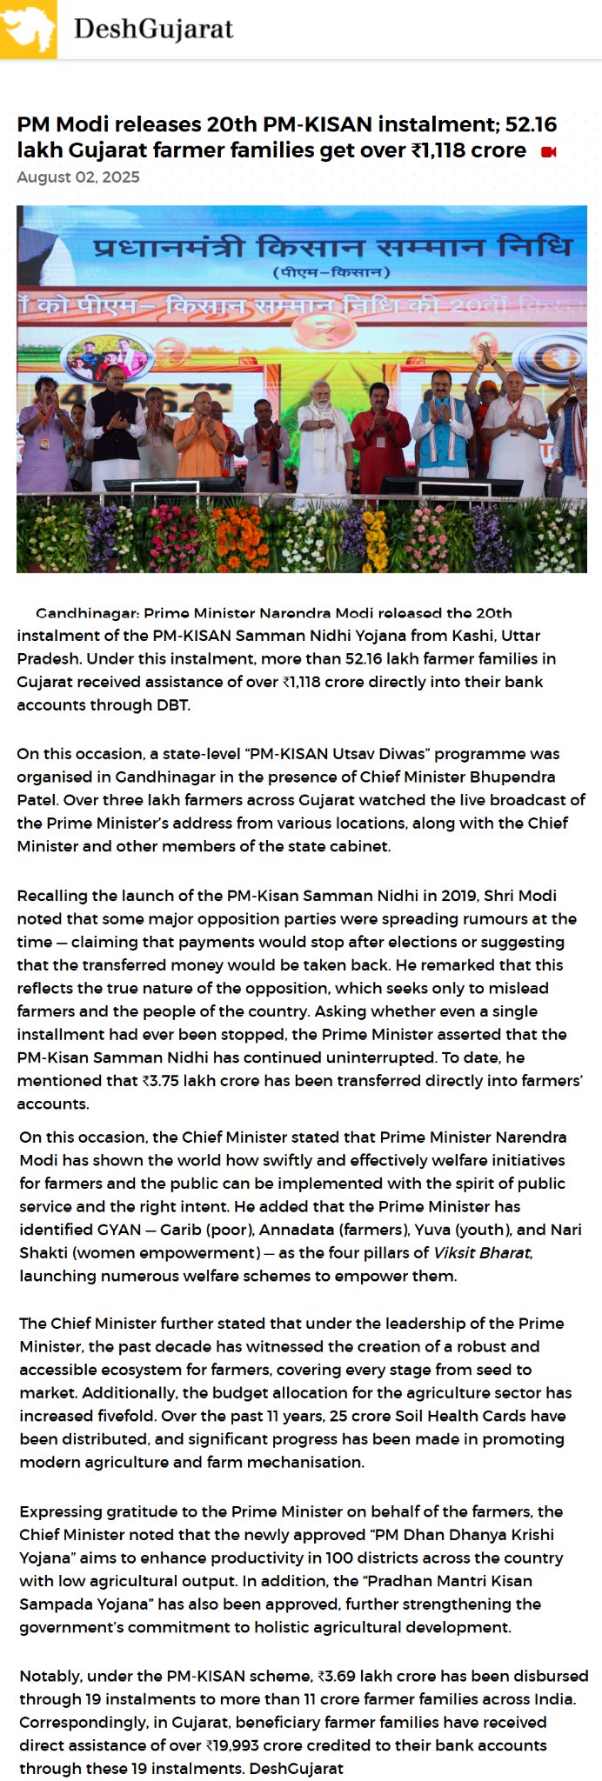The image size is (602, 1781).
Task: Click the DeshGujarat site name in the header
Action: [153, 29]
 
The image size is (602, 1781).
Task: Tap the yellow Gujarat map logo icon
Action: [28, 29]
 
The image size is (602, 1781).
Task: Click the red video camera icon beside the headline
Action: [548, 152]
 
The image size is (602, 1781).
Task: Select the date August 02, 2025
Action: [77, 177]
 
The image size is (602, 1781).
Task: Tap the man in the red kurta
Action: [379, 439]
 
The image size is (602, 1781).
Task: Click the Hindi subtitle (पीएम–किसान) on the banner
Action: [331, 272]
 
